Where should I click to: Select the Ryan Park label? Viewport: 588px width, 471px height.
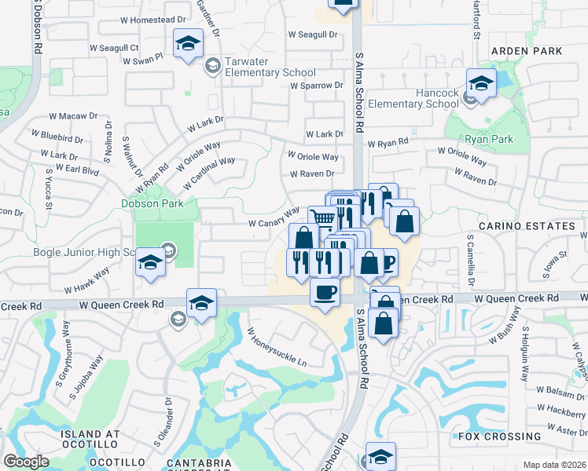click(x=488, y=139)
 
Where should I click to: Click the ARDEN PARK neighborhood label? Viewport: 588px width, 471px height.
click(x=526, y=51)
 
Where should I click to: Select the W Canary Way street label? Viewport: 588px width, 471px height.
click(x=274, y=217)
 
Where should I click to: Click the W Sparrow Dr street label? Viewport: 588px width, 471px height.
click(x=316, y=86)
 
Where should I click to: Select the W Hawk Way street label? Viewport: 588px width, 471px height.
click(x=87, y=279)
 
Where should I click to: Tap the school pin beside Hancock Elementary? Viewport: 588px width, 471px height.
click(x=481, y=83)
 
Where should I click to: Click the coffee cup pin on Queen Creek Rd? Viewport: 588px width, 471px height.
click(x=325, y=294)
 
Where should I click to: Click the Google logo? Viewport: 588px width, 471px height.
click(x=27, y=462)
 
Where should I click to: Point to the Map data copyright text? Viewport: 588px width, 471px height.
click(x=553, y=465)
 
